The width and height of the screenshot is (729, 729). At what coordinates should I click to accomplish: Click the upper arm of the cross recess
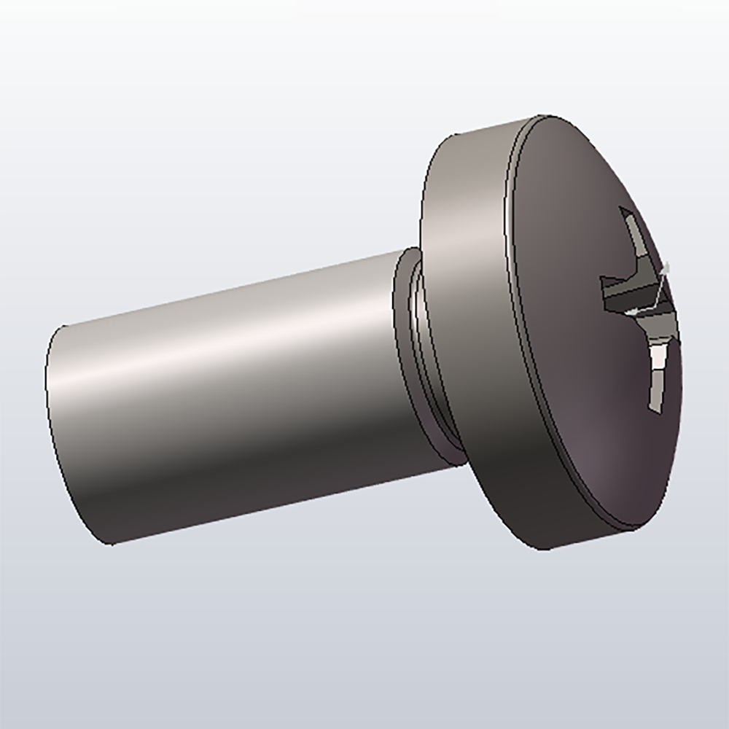[633, 237]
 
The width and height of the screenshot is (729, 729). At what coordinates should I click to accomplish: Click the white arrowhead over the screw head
[632, 312]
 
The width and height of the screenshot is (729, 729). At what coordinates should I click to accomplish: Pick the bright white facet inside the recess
[659, 361]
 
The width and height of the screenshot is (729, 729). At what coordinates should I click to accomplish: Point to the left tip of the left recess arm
[601, 281]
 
